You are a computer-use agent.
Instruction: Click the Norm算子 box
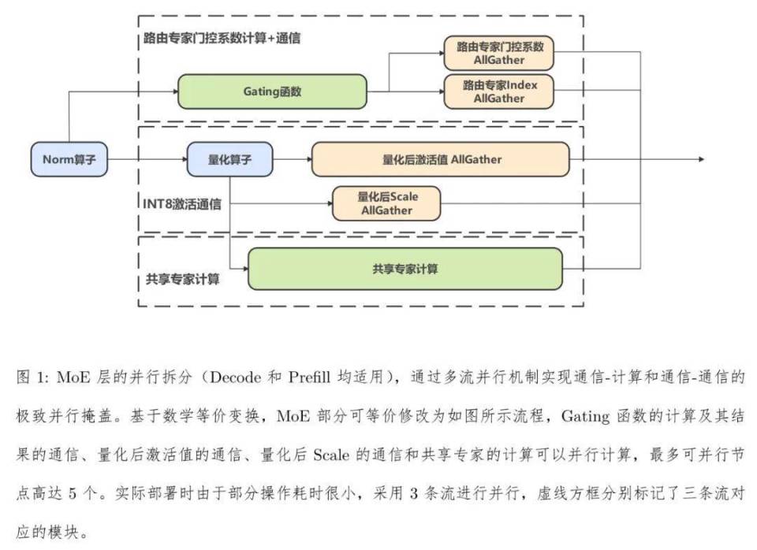(x=69, y=159)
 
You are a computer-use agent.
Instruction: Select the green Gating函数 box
(x=272, y=91)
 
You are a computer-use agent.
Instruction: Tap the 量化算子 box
(x=229, y=159)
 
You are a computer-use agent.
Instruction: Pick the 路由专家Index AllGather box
(x=499, y=91)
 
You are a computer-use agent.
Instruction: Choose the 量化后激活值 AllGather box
(x=441, y=159)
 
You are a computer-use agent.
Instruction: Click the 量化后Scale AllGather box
(x=386, y=203)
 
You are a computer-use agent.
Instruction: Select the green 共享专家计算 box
(x=405, y=269)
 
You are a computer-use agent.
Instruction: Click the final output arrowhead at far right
(x=699, y=159)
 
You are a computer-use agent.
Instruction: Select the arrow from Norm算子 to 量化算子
(x=147, y=159)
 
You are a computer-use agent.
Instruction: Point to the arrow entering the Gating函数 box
(x=171, y=91)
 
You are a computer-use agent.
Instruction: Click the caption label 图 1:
(x=33, y=378)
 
